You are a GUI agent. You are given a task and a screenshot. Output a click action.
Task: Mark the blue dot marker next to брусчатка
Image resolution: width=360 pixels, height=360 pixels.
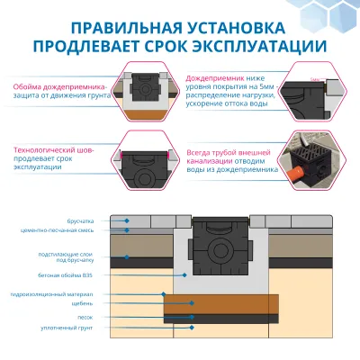[x=129, y=220]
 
